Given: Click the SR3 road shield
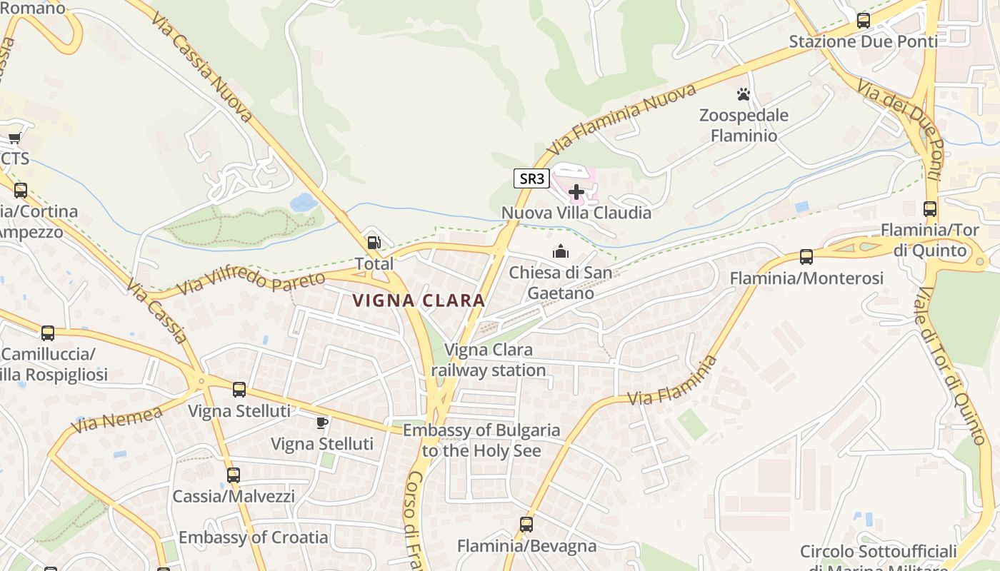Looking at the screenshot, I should tap(531, 178).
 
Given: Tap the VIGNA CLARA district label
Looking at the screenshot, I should tap(419, 300).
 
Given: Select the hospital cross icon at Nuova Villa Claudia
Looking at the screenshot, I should tap(576, 192).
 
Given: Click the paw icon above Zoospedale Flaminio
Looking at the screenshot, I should tap(744, 94).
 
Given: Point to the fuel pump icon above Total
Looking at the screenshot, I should tap(373, 243).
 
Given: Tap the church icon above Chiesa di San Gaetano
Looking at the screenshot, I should tap(561, 251).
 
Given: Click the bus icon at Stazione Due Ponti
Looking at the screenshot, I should tap(863, 21).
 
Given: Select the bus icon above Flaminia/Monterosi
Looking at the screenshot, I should tap(806, 257).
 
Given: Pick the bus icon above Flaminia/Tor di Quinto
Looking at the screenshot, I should tap(929, 209).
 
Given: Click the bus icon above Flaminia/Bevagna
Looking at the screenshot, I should tap(526, 525).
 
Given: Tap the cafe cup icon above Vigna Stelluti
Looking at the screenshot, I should tap(322, 423).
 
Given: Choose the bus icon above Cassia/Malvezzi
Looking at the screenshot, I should tap(233, 475).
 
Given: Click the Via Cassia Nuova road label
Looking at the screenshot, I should tap(201, 66).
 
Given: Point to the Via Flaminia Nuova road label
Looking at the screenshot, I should tap(621, 120).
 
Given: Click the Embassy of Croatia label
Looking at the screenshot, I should tap(253, 537).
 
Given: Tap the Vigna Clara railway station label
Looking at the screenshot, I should tap(489, 360).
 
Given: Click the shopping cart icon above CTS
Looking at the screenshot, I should tap(14, 138).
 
